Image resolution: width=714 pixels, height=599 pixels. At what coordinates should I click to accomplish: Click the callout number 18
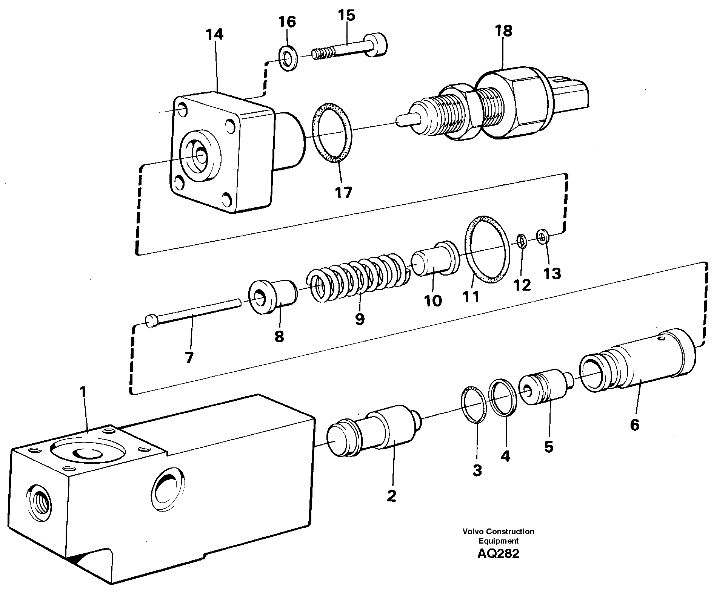click(504, 31)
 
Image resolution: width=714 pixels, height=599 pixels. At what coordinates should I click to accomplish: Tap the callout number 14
click(215, 35)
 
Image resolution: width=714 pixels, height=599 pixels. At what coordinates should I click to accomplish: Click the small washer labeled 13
click(543, 238)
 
